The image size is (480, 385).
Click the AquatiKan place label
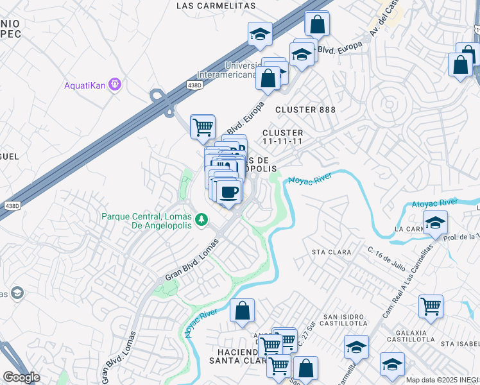click(85, 85)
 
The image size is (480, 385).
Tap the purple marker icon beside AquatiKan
click(115, 84)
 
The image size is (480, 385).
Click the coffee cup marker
click(229, 192)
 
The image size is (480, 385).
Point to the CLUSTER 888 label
click(305, 110)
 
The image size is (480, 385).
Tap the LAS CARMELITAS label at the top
click(216, 6)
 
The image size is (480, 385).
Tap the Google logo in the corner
click(21, 377)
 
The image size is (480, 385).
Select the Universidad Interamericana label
click(240, 70)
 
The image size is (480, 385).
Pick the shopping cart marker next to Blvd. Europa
click(203, 126)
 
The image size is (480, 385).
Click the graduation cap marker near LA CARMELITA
click(435, 223)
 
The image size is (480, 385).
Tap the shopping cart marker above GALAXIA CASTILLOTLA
click(431, 305)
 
